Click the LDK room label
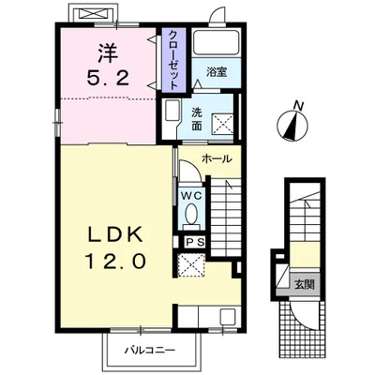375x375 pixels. point(116,234)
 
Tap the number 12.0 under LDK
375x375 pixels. point(115,261)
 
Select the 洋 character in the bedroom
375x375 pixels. point(109,52)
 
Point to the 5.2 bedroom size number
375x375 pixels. point(108,78)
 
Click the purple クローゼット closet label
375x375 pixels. point(173,59)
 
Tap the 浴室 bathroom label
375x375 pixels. point(217,72)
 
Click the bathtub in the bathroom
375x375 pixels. point(217,42)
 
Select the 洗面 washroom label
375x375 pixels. point(197,119)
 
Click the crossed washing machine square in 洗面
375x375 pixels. point(223,125)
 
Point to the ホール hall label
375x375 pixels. point(217,159)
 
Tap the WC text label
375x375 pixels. point(191,196)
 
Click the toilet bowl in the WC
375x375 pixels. point(190,214)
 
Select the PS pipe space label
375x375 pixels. point(195,242)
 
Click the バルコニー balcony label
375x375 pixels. point(150,350)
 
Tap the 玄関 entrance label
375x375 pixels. point(304,284)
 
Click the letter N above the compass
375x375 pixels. point(299,106)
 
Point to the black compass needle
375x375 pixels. point(292,127)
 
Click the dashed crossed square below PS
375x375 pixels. point(191,265)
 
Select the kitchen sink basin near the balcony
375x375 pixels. point(228,316)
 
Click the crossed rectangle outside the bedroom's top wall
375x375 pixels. point(92,14)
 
